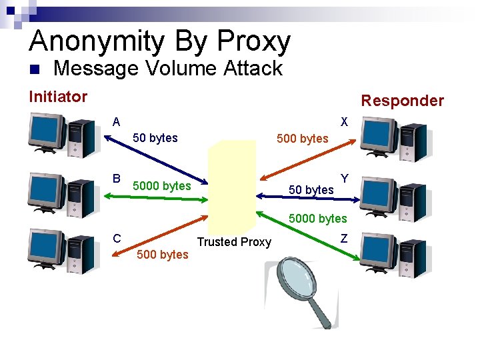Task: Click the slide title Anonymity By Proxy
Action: coord(160,41)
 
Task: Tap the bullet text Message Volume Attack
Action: coord(168,68)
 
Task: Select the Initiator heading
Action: coord(58,97)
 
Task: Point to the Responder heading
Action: coord(402,101)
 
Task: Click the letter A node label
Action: coord(117,122)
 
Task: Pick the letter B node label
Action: coord(117,179)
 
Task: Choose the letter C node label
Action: coord(117,238)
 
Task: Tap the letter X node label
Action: coord(344,122)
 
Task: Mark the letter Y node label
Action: coord(345,179)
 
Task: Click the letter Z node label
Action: coord(344,238)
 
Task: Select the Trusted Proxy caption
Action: coord(234,242)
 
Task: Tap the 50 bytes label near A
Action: coord(155,138)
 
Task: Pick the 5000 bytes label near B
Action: coord(162,185)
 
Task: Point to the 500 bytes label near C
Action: coord(163,255)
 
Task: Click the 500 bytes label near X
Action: coord(303,139)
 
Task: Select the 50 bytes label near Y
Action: coord(311,190)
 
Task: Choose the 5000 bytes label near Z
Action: coord(318,218)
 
